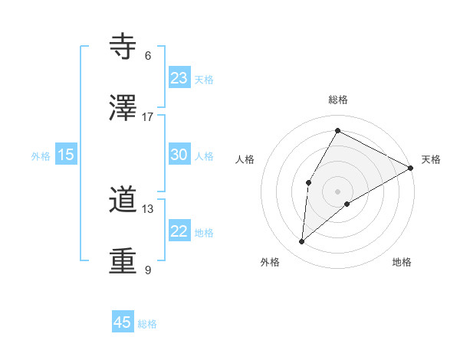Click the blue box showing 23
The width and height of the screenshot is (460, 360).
pos(179,78)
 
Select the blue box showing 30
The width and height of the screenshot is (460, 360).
pos(179,155)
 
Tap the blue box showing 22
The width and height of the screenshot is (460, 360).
pos(179,231)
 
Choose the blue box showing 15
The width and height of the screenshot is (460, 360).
pos(66,155)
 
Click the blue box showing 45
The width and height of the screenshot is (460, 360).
pos(123,322)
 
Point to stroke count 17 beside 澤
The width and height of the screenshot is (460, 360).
pos(148,117)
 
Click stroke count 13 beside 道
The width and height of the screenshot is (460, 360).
pos(148,209)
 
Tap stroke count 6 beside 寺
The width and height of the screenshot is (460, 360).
pos(148,56)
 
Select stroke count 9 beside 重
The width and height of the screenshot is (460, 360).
pos(148,270)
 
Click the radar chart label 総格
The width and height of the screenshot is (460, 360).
pos(338,100)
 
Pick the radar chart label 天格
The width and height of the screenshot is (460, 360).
pos(431,159)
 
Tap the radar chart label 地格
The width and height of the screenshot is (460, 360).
pos(402,262)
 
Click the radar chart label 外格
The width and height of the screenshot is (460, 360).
pos(270,262)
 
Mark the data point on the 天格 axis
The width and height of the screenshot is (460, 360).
pos(411,168)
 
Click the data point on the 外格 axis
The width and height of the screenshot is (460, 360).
pos(302,242)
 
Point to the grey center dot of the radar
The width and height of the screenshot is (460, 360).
pos(338,191)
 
